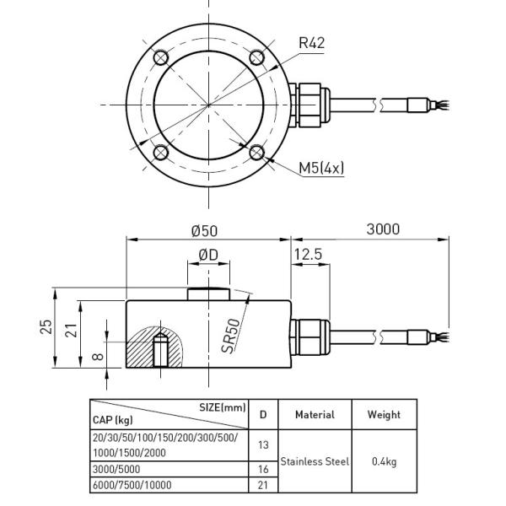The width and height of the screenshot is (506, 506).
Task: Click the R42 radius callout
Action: (x=311, y=43)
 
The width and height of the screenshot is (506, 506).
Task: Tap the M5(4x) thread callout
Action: (x=321, y=168)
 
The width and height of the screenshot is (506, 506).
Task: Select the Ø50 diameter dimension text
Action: (x=204, y=231)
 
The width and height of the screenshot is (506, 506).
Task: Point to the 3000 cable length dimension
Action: (x=383, y=229)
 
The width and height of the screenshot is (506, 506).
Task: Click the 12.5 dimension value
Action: (x=308, y=255)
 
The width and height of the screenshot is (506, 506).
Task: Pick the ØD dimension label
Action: (x=208, y=255)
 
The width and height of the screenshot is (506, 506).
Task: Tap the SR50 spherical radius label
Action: (x=231, y=336)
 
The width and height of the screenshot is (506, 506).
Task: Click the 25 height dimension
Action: (x=46, y=326)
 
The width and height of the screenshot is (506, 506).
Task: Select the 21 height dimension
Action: (x=72, y=330)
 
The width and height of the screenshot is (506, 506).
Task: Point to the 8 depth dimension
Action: (x=98, y=356)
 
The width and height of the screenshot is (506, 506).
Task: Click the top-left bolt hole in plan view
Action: (x=161, y=57)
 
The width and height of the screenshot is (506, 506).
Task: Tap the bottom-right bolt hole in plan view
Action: (x=257, y=153)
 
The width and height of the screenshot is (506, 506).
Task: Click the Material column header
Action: (x=315, y=415)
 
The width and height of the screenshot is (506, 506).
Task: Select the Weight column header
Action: (x=384, y=415)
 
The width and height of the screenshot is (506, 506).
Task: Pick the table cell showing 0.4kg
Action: (x=384, y=461)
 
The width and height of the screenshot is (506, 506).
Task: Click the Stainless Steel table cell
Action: (x=315, y=461)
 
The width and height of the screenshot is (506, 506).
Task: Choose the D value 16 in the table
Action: (x=263, y=469)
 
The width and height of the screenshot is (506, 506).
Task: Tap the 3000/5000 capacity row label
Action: (x=116, y=469)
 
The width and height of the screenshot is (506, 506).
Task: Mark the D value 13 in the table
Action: (x=263, y=445)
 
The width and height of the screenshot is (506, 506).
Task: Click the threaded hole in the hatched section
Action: (x=160, y=351)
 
